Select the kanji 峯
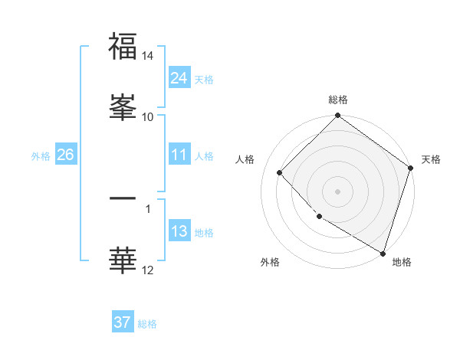[123, 107]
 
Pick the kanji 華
[123, 260]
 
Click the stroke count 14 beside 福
[148, 57]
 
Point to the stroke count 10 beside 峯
[148, 116]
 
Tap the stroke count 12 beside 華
[148, 270]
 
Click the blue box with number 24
[179, 78]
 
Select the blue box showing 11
[179, 155]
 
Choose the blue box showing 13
[179, 231]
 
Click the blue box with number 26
[65, 155]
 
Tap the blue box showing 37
[123, 322]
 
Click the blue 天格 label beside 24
[204, 79]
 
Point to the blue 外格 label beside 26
[41, 155]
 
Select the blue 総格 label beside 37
[147, 323]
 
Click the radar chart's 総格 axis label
[338, 100]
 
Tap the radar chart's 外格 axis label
[270, 262]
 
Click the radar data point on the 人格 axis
[280, 173]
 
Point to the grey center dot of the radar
[338, 191]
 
